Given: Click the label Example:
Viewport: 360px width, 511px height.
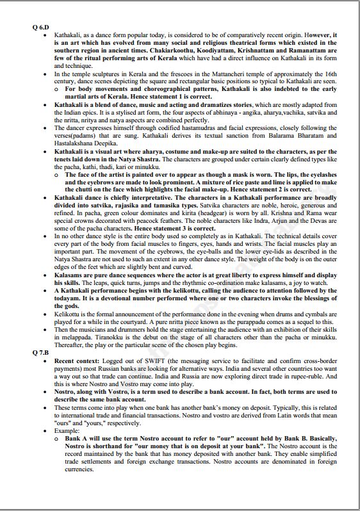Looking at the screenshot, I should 68,430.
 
